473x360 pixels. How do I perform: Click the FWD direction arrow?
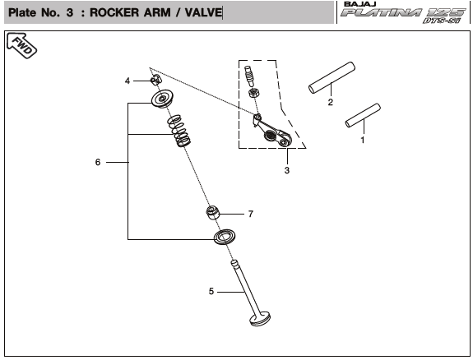tap(21, 45)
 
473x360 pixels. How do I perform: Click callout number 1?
tap(363, 140)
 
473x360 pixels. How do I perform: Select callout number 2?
tap(331, 102)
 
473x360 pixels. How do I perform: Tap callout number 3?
tap(287, 170)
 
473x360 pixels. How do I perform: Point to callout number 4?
tap(128, 81)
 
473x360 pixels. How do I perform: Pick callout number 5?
tap(211, 291)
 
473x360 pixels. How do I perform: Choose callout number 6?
tap(98, 162)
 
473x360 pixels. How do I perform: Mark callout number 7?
tap(251, 214)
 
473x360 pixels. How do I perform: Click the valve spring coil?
tap(179, 131)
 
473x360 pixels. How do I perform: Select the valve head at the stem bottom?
tap(260, 320)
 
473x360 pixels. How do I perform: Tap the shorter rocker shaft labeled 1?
tap(363, 115)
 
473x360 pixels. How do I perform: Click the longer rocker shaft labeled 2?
tap(332, 77)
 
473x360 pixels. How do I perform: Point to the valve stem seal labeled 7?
tap(213, 212)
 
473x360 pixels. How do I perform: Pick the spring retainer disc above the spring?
tap(162, 99)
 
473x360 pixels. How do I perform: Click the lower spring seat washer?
tap(225, 238)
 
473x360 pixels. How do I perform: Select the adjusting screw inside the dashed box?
tap(250, 76)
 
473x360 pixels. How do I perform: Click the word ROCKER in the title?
tap(114, 12)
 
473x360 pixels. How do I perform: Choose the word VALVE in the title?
tap(203, 12)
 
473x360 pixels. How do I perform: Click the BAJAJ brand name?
tap(359, 4)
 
